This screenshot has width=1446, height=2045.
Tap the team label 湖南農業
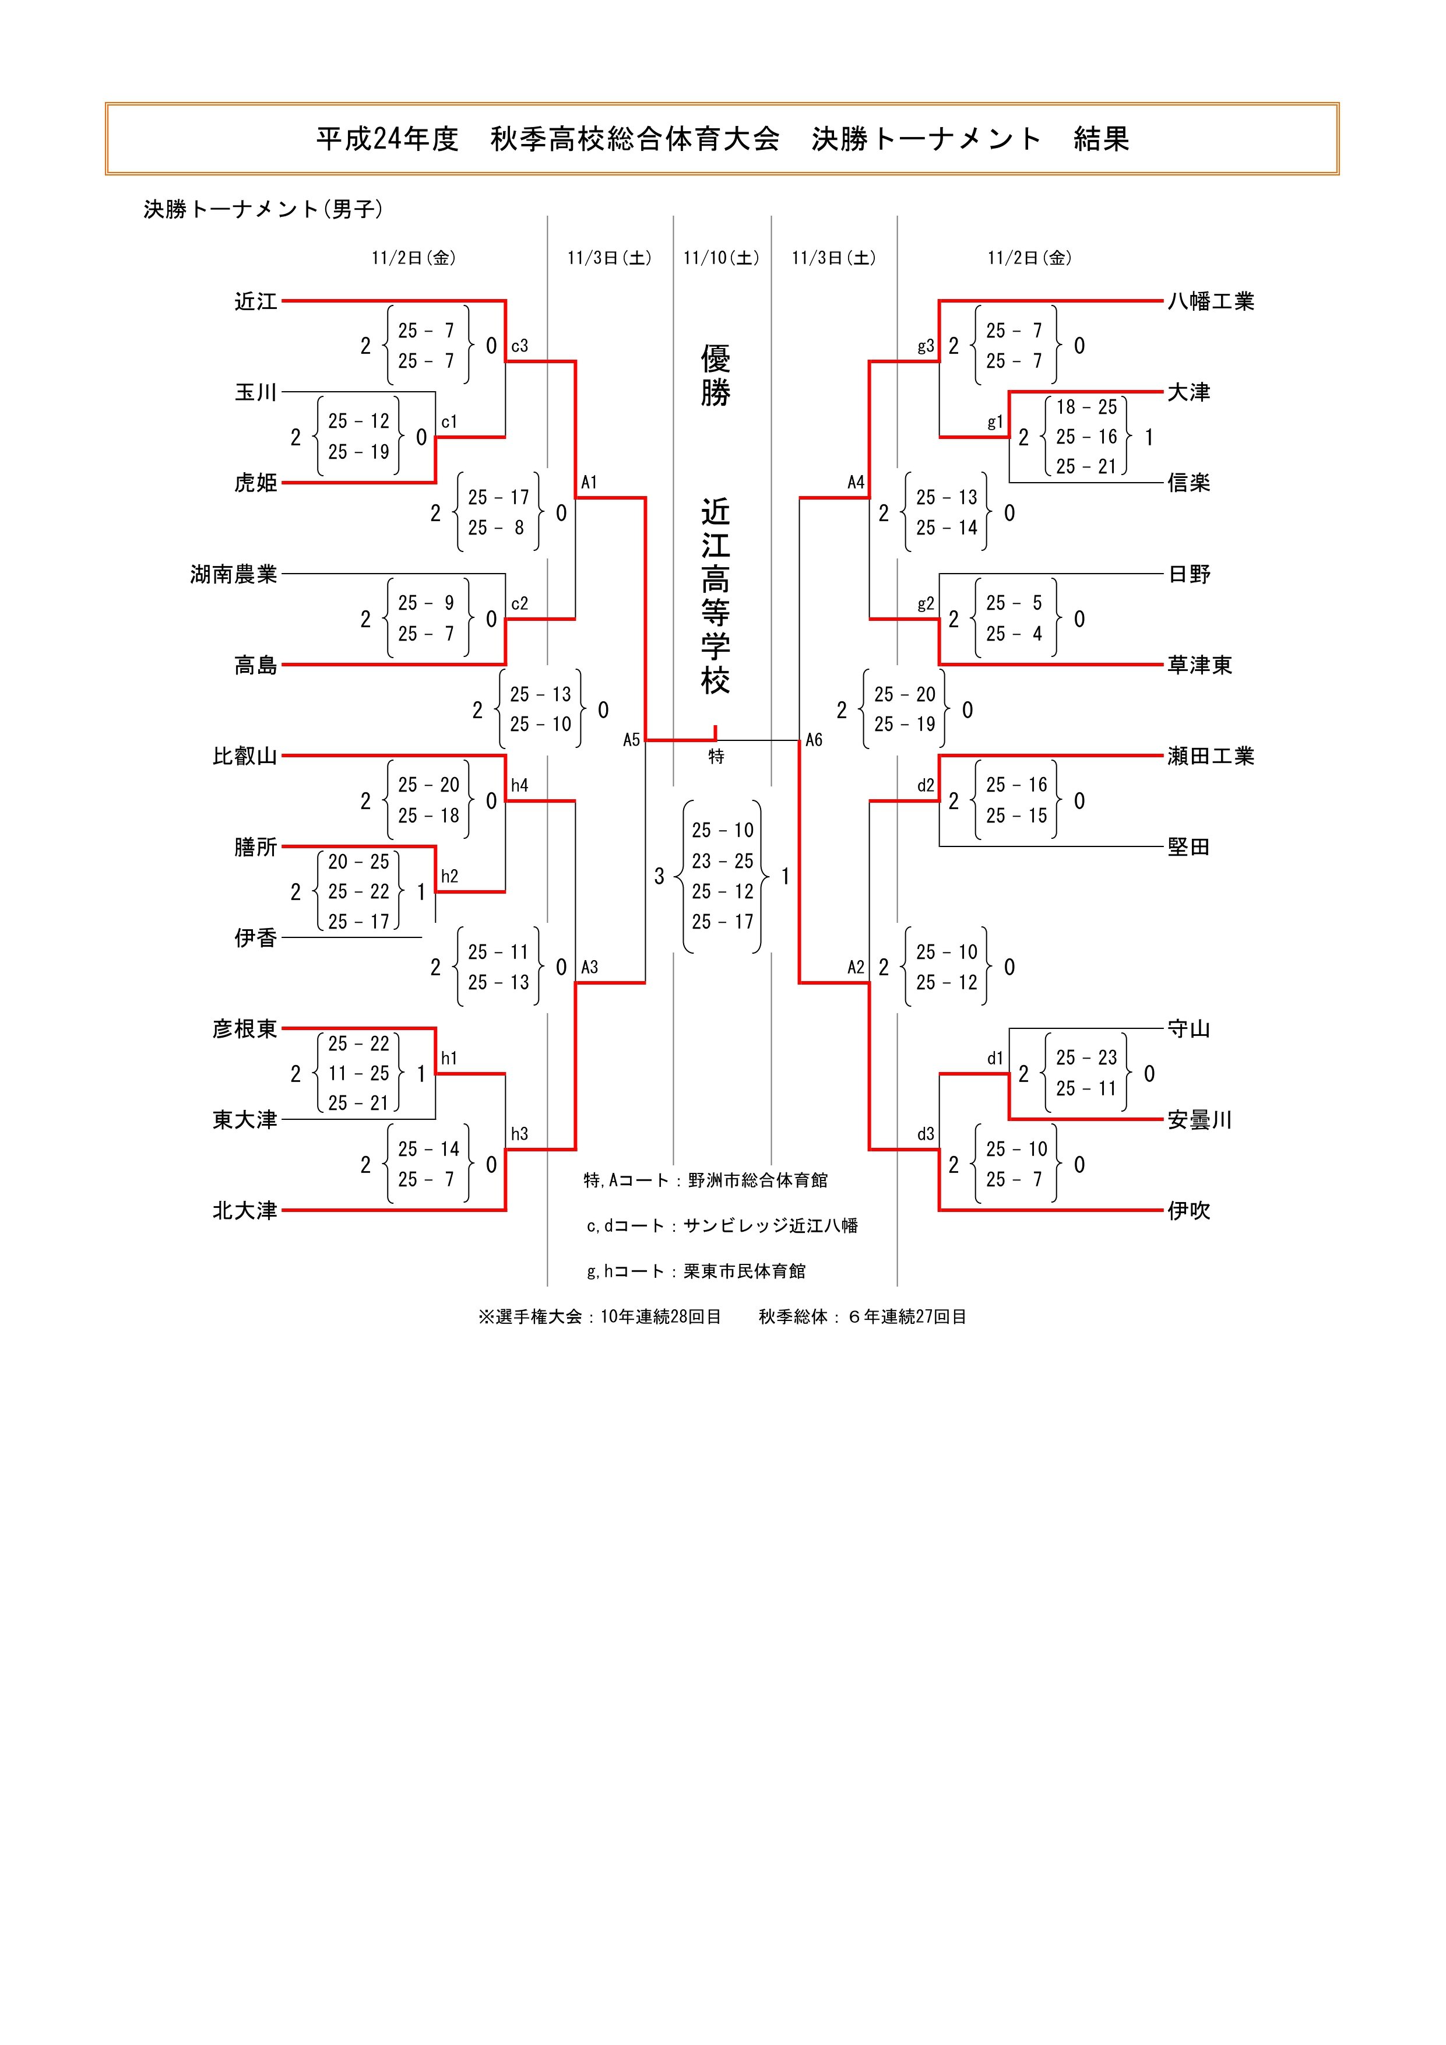(x=233, y=574)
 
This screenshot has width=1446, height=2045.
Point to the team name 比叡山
(x=245, y=756)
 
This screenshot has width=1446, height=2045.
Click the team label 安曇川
(x=1199, y=1120)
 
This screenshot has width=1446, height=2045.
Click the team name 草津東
(x=1199, y=665)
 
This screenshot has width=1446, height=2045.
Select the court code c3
(x=519, y=346)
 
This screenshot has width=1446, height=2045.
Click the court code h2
(x=449, y=876)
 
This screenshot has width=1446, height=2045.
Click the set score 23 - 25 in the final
(x=722, y=861)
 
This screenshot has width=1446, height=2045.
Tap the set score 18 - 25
(x=1086, y=407)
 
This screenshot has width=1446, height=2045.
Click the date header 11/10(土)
(x=721, y=258)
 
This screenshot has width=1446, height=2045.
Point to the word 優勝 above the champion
(x=715, y=376)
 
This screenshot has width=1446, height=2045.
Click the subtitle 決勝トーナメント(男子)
(x=263, y=209)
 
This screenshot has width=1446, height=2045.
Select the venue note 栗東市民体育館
(x=744, y=1271)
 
